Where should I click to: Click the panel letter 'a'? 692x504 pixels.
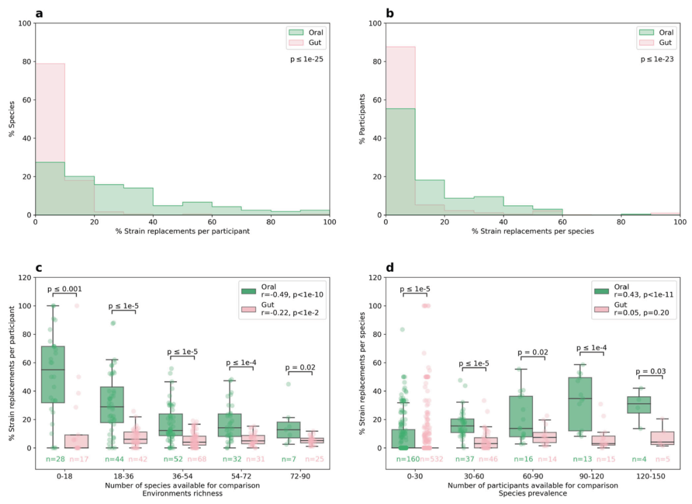(x=39, y=13)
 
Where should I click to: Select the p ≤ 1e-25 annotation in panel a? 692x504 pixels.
(x=309, y=59)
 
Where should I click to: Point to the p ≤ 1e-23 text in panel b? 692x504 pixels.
(x=660, y=59)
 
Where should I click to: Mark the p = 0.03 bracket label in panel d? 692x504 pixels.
(x=650, y=371)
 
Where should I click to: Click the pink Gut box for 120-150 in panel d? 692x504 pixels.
(x=662, y=438)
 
